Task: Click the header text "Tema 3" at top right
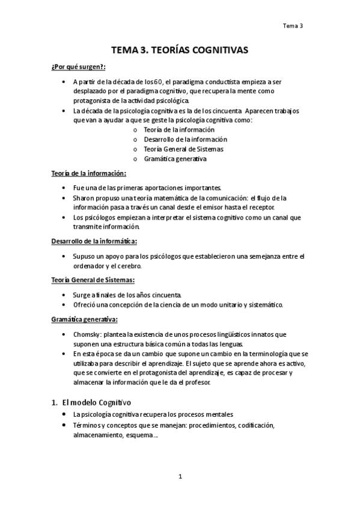[293, 26]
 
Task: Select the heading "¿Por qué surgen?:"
[74, 67]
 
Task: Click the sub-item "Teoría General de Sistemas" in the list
[177, 149]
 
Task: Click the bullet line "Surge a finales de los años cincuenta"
[126, 295]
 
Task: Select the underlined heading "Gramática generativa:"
[84, 319]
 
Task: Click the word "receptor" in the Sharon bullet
[260, 207]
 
